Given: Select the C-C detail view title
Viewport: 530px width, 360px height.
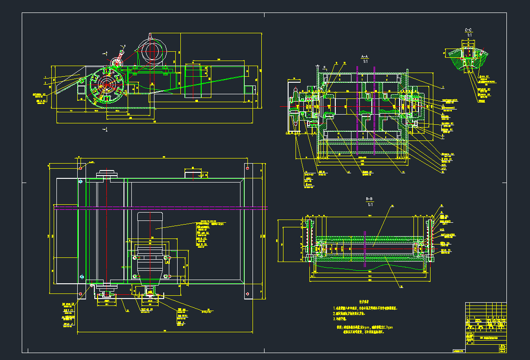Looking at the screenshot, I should (468, 30).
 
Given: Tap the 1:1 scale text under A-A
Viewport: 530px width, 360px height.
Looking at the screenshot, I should (365, 61).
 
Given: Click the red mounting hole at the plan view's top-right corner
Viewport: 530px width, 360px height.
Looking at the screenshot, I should (248, 168).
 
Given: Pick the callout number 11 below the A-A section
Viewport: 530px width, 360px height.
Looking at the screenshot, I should (403, 172).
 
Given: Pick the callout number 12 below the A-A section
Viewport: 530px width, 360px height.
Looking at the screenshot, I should (348, 172).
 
